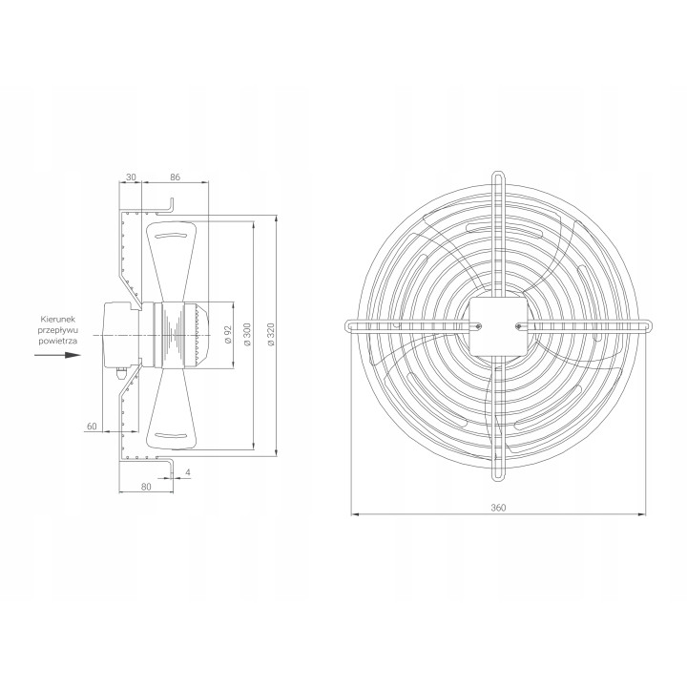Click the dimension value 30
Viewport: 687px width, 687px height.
tap(131, 177)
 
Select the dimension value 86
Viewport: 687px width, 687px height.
tap(176, 177)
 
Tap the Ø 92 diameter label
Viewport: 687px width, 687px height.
tap(228, 335)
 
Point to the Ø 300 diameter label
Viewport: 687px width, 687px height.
tap(248, 335)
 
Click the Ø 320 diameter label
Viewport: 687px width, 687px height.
tap(271, 335)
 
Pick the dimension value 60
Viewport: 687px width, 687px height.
tap(92, 426)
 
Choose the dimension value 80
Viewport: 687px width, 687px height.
tap(146, 487)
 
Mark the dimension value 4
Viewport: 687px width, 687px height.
tap(188, 472)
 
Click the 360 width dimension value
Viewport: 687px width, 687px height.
tap(498, 508)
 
